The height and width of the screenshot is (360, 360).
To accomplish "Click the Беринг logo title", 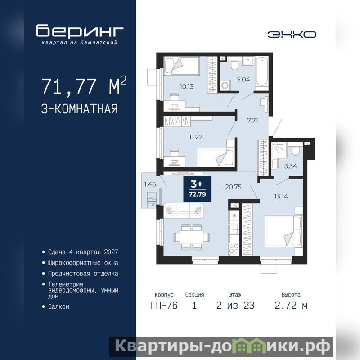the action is [80, 31].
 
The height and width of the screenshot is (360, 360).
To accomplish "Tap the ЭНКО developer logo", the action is [292, 35].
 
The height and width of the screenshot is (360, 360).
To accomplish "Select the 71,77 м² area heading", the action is [84, 85].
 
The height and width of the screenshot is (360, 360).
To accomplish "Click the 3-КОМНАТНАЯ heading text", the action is [80, 109].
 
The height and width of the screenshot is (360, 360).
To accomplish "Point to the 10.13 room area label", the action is [186, 86].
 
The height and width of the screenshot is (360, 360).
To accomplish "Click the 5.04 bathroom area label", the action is [243, 80].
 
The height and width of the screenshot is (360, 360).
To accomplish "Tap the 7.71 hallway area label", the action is [252, 120].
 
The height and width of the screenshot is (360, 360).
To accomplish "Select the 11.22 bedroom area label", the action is [196, 137].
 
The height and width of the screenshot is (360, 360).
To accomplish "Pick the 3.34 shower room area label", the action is [290, 166].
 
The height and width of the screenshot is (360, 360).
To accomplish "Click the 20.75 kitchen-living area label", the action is [233, 187].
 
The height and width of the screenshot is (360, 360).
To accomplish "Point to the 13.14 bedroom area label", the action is [281, 196].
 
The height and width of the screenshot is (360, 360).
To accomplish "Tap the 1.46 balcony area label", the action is [150, 184].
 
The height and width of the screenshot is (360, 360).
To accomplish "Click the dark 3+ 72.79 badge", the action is [197, 189].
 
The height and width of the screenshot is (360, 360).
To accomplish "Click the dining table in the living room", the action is [192, 237].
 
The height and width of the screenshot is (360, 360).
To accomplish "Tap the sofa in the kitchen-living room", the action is [184, 211].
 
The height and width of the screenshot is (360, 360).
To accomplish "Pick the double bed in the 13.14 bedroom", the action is [283, 231].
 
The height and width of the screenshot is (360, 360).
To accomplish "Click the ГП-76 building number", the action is [164, 306].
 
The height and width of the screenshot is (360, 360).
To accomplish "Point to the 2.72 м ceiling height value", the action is [291, 306].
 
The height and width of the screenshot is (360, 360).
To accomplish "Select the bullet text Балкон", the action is [58, 306].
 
